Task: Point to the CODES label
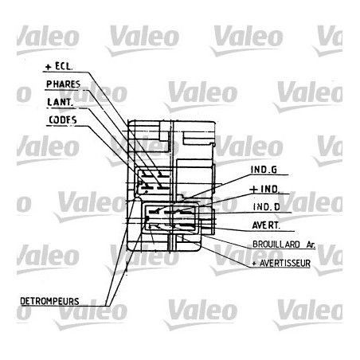(x=62, y=119)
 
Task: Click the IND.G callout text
(x=264, y=170)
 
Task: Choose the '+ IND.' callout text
(x=264, y=189)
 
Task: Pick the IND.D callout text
(x=264, y=207)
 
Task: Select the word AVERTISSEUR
(x=283, y=261)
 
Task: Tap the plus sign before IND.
(x=252, y=189)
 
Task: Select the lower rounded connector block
(x=169, y=217)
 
